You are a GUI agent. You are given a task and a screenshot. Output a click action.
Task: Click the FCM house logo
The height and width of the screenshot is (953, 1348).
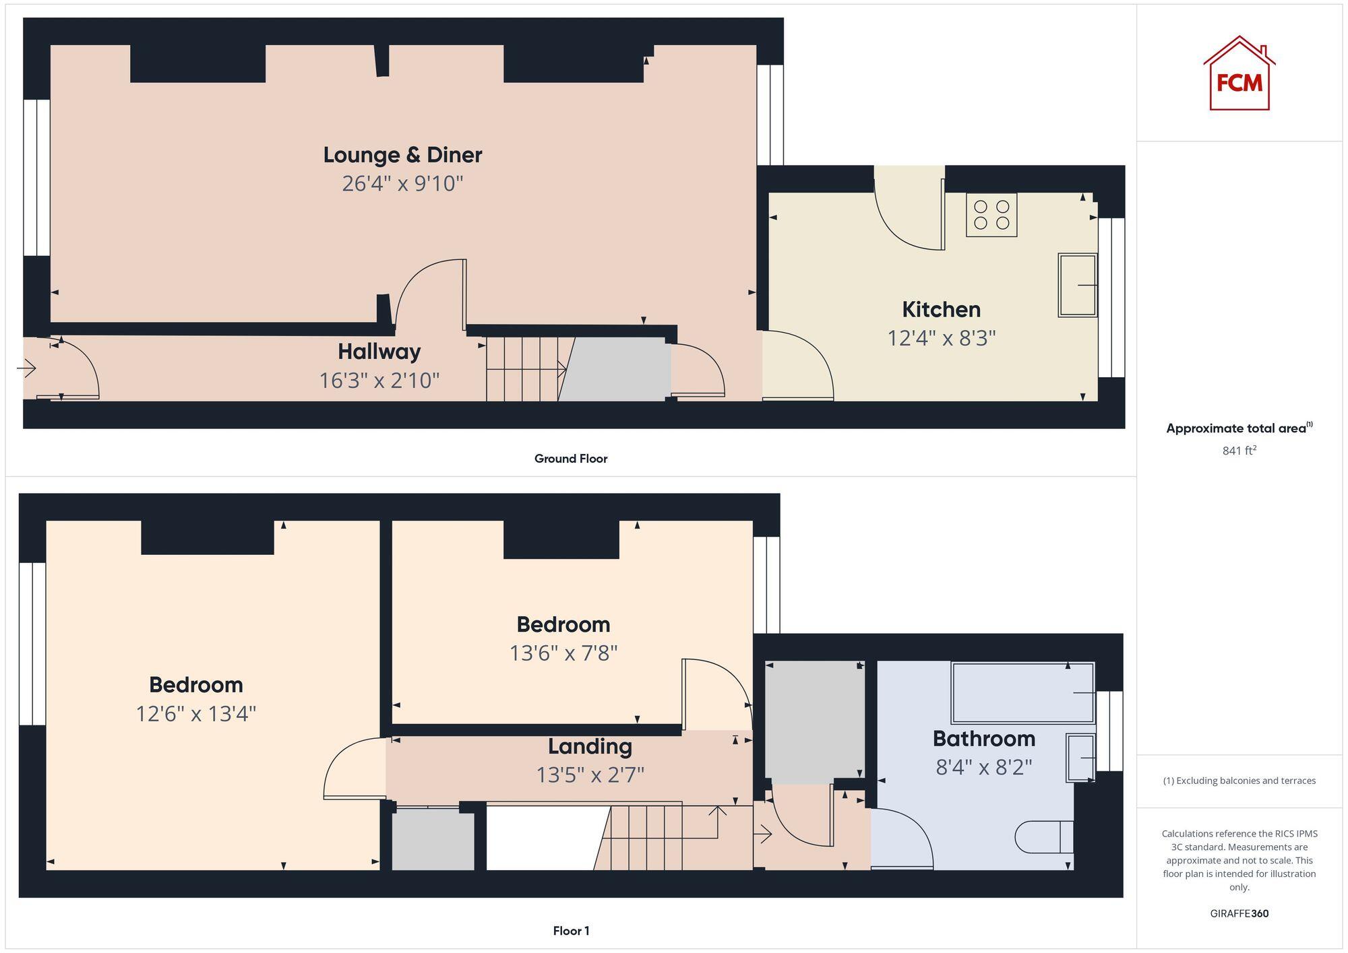pos(1239,74)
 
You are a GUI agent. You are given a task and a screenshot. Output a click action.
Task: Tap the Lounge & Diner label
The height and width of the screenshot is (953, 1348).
pos(402,155)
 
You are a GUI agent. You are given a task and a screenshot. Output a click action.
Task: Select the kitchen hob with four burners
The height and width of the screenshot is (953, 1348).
pos(991,215)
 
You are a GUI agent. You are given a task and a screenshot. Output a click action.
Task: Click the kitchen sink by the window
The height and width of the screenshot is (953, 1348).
pos(1077,285)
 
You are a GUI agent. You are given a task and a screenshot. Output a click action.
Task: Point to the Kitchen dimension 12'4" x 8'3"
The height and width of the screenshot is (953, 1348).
pos(941,338)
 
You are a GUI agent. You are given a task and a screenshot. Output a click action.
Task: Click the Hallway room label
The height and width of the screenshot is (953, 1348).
pos(379,352)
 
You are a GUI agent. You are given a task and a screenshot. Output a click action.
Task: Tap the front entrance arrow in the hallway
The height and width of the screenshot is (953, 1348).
pos(26,368)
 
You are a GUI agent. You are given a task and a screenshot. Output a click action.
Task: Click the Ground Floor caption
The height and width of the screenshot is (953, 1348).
pos(570,459)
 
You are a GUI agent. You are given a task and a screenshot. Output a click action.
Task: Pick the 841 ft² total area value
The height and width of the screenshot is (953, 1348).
pos(1239,451)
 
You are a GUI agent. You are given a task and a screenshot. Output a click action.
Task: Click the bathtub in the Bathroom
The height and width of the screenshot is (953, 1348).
pos(1022,692)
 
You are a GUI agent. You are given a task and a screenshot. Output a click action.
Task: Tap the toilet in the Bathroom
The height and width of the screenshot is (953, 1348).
pos(1043,836)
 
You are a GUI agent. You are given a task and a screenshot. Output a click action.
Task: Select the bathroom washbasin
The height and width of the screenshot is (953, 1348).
pos(1080,758)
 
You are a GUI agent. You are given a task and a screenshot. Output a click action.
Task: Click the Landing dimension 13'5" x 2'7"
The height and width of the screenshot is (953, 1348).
pos(590,775)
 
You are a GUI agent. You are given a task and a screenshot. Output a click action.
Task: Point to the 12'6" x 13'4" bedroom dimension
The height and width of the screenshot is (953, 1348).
pos(195,714)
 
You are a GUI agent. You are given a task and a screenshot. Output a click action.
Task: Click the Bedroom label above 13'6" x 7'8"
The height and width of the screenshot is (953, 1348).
pos(563,624)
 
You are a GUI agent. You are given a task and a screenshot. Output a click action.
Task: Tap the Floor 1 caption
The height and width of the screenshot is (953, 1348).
pos(570,931)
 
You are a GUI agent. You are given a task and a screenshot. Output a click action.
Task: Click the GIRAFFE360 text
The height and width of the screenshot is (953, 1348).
pos(1239,913)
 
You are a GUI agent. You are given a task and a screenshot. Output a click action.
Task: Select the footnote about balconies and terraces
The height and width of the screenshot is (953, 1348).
pos(1239,781)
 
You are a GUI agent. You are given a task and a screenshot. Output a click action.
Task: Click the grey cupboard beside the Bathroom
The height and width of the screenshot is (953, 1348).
pos(814,722)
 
